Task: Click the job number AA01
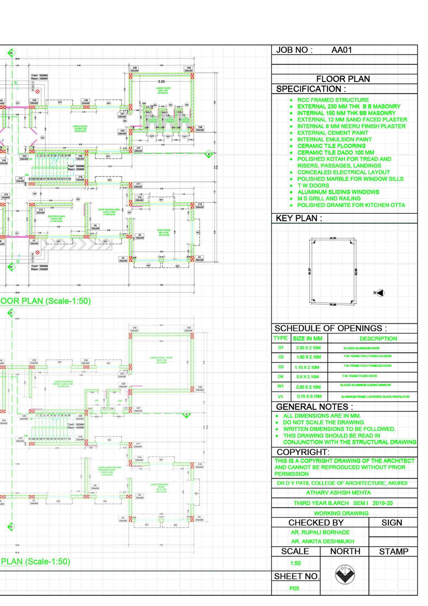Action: point(342,50)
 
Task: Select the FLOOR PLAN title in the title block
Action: point(343,79)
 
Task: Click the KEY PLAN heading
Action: point(299,218)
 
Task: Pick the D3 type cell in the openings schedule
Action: point(281,367)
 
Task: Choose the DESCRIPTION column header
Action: point(378,339)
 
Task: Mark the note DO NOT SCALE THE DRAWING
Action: point(323,422)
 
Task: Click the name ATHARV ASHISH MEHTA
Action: point(338,493)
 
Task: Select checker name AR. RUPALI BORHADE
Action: point(320,532)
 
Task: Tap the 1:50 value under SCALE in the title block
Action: point(295,563)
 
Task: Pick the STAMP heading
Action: point(393,552)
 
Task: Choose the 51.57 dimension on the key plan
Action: point(310,271)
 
